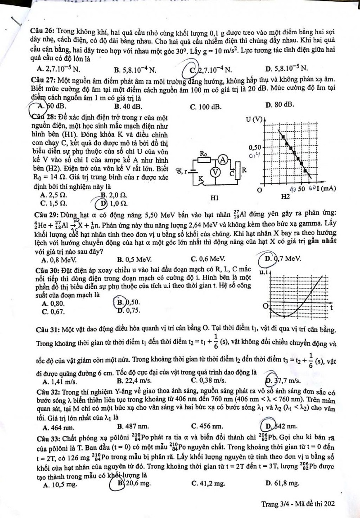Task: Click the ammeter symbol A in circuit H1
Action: coord(221,158)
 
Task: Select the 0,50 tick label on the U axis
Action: coord(254,147)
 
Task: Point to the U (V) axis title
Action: coord(255,119)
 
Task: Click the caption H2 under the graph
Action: coord(286,197)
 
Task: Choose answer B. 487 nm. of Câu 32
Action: coord(132,425)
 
